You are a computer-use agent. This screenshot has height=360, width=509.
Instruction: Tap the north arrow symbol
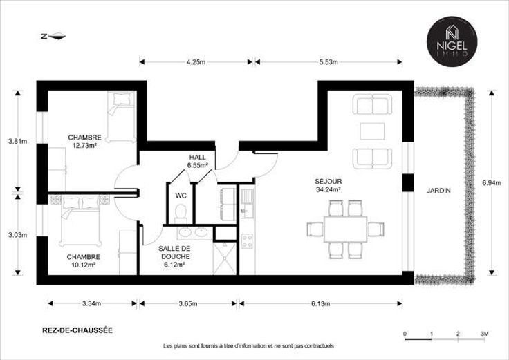pos(54,37)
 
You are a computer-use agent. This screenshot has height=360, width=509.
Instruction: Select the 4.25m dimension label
pos(196,62)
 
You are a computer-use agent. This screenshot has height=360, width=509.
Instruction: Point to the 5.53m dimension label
pos(328,62)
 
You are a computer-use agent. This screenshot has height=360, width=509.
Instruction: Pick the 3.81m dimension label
pos(17,141)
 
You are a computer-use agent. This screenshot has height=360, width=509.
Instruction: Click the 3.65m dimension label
pos(188,303)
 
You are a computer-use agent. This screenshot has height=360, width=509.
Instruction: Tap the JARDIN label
pos(438,191)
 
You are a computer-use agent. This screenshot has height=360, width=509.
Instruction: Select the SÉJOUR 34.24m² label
pos(328,185)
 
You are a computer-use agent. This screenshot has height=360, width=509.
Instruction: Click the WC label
pos(181,196)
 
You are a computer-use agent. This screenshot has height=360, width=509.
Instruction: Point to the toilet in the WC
pos(181,214)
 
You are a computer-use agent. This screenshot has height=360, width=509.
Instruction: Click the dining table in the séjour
pos(345,229)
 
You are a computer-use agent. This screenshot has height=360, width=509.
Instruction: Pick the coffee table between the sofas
pos(372,131)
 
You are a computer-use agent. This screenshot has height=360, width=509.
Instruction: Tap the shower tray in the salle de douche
pos(224,258)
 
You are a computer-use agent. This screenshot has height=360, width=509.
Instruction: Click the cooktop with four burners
pos(247,241)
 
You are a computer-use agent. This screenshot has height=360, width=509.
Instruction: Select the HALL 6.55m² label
pos(198,161)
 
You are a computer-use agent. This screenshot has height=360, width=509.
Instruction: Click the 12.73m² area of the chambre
pos(85,146)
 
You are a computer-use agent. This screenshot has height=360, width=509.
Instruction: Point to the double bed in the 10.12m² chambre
pos(80,220)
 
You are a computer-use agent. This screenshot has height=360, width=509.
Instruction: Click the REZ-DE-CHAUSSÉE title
pos(77,330)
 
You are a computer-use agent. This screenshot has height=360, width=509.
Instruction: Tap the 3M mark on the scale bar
pos(484,334)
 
